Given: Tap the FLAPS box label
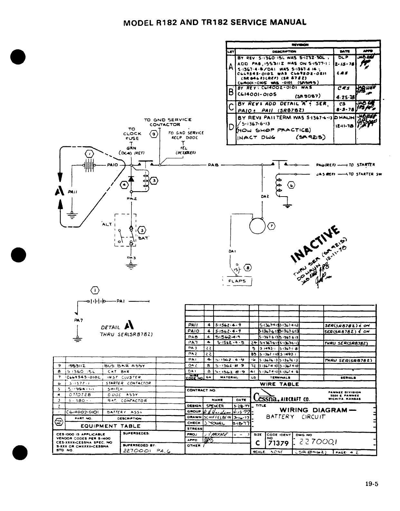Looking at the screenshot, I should point(237,281).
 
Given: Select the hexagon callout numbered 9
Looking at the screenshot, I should point(154,134).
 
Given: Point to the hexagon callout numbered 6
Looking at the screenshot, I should point(291,185).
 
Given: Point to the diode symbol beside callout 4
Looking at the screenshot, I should point(131,179).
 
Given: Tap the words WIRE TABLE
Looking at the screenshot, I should point(280,384).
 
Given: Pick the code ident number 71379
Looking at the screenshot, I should point(279,443).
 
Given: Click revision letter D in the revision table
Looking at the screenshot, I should point(231,127).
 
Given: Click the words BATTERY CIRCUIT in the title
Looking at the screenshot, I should point(296,417).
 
